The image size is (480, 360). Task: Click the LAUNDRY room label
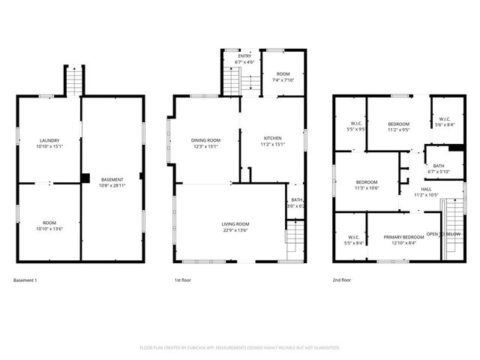click(x=49, y=140)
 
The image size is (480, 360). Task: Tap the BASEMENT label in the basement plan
click(x=112, y=178)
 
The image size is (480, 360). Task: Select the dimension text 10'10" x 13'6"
click(x=49, y=228)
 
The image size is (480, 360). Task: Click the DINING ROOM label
click(x=205, y=140)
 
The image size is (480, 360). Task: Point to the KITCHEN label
click(x=272, y=138)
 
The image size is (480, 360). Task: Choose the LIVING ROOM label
click(x=235, y=224)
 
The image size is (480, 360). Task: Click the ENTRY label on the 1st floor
click(x=244, y=55)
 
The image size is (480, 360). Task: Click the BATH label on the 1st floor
click(x=297, y=199)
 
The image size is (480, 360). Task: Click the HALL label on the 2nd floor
click(x=425, y=189)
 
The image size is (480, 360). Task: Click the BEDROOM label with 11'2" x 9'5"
click(x=398, y=124)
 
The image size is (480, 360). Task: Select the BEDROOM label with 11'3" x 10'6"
click(x=367, y=181)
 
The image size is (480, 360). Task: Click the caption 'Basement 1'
click(x=25, y=280)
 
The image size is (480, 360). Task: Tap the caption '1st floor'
click(x=184, y=280)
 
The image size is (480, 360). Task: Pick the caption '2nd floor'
click(x=343, y=280)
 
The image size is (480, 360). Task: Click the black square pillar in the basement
click(x=85, y=178)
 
